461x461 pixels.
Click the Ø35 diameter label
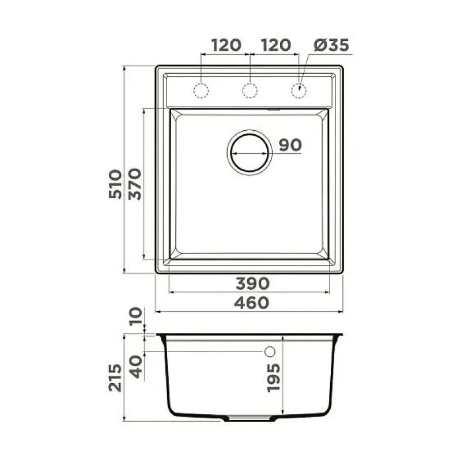(331, 46)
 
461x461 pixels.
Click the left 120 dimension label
(226, 46)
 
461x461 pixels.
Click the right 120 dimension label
(276, 46)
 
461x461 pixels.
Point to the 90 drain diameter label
(290, 145)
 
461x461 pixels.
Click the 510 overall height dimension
(115, 184)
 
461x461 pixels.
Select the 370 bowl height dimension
(135, 184)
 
